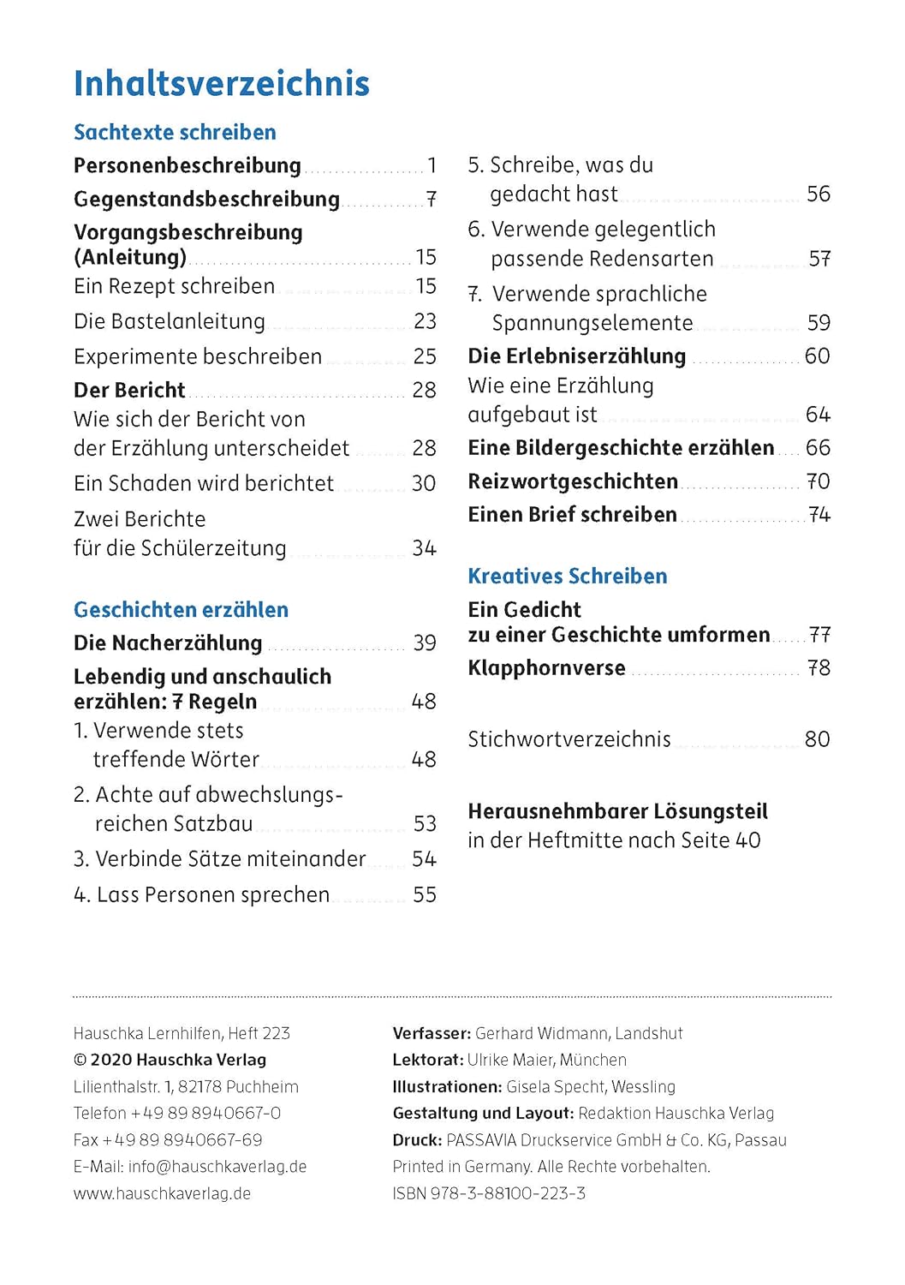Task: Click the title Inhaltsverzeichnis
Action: coord(222,84)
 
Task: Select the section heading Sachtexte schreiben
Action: coord(175,132)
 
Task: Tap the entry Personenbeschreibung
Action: coord(188,165)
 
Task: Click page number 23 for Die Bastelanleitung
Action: coord(425,321)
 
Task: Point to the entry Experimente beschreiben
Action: coord(198,356)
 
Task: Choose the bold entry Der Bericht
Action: coord(129,390)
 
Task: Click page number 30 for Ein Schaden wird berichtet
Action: coord(424,483)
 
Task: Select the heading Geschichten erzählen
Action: coord(181,610)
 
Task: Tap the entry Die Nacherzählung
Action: coord(168,642)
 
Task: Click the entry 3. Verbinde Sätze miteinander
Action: coord(219,859)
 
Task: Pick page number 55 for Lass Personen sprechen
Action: coord(425,894)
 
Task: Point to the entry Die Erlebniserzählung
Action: coord(576,356)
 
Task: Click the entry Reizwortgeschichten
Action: coord(573,481)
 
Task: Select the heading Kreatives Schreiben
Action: coord(567,576)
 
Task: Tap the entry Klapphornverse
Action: coord(546,668)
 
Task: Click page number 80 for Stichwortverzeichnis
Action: coord(817,739)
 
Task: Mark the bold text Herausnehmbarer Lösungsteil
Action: coord(617,811)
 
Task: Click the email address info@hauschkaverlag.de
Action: coord(217,1167)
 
